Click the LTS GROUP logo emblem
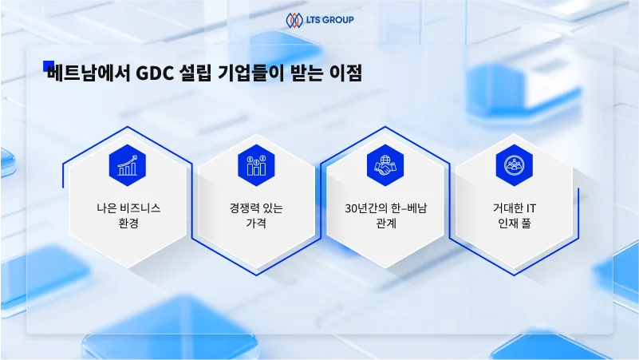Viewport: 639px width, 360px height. [294, 20]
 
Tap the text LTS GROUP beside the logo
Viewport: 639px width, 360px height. [329, 20]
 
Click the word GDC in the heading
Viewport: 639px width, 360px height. [154, 73]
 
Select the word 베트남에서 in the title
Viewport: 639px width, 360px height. [89, 73]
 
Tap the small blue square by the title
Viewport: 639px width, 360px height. [49, 66]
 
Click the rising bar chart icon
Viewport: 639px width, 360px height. [128, 165]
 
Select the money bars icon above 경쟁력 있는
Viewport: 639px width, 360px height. [256, 165]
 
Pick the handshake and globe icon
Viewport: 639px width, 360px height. [385, 165]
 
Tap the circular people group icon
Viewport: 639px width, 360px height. [514, 165]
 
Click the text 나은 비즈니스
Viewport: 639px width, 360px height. [128, 208]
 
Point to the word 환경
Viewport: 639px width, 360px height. [128, 223]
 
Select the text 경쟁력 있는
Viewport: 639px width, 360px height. [256, 208]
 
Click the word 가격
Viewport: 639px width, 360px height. [256, 223]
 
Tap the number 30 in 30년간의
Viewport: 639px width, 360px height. [351, 209]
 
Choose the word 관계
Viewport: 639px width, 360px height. [386, 223]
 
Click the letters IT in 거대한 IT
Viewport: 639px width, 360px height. [531, 209]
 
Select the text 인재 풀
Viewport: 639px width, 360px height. [515, 223]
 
